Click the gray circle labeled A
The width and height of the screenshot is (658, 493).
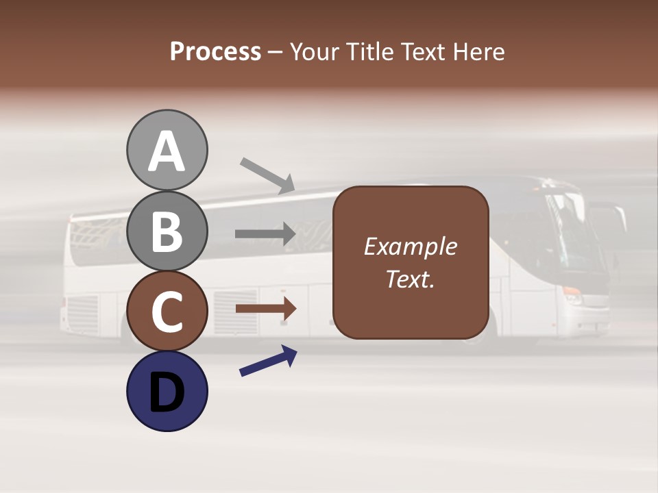pyautogui.click(x=167, y=150)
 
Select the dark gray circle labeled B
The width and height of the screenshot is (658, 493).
pyautogui.click(x=167, y=231)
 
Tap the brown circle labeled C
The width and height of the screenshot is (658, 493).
pyautogui.click(x=167, y=311)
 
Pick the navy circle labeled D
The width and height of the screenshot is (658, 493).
pyautogui.click(x=167, y=391)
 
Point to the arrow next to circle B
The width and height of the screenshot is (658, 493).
pyautogui.click(x=266, y=234)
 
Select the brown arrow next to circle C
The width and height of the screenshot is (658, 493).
pyautogui.click(x=266, y=309)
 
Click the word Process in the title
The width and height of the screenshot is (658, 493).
pyautogui.click(x=215, y=51)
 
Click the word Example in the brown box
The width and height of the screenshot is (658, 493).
pyautogui.click(x=410, y=246)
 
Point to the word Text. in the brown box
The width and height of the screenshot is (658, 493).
pyautogui.click(x=410, y=279)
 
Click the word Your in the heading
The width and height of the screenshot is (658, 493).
pyautogui.click(x=315, y=51)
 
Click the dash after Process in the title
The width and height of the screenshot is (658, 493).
pyautogui.click(x=276, y=53)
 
